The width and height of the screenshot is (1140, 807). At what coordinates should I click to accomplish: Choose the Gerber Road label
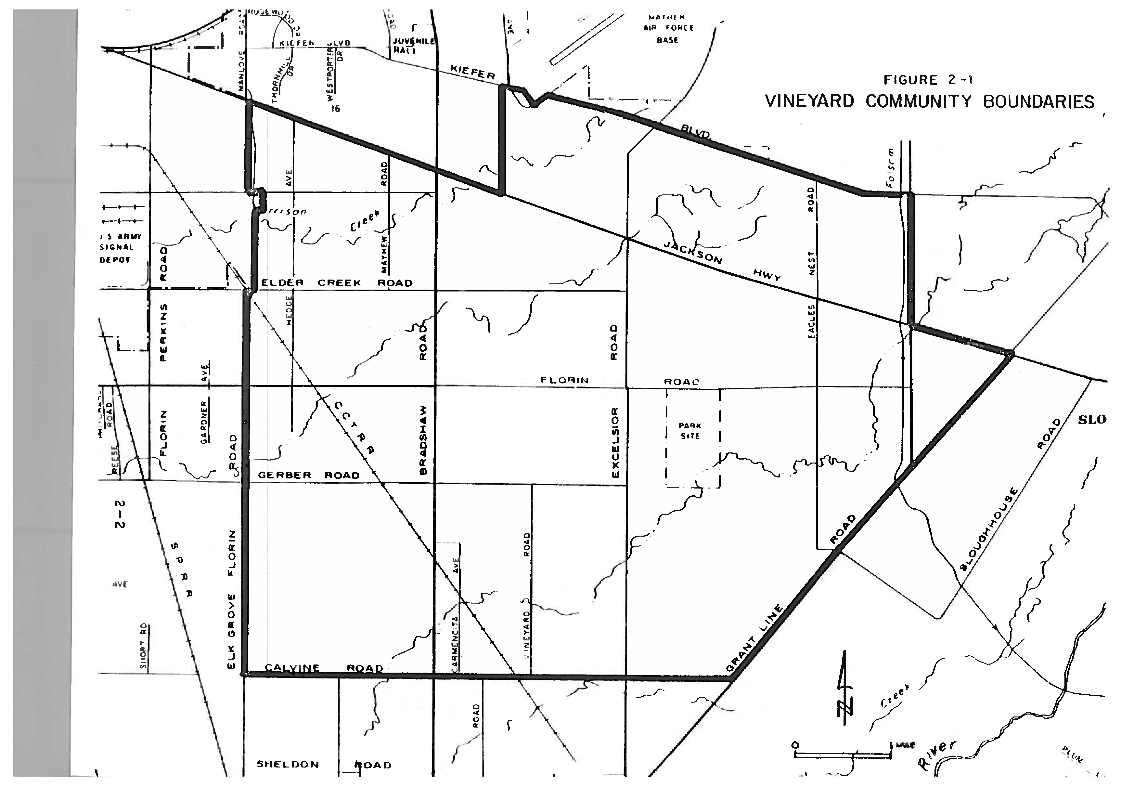click(x=309, y=475)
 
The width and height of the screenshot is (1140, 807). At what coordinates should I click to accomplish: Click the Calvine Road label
click(x=323, y=668)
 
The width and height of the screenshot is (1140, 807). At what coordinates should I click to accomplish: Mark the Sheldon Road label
click(x=323, y=765)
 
